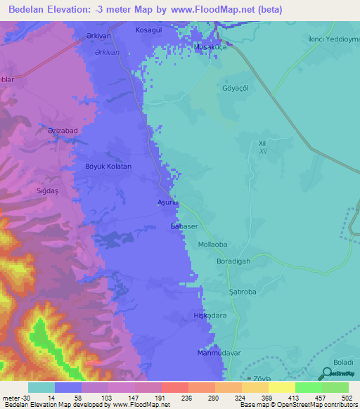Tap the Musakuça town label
tap(208, 48)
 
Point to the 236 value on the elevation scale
tap(167, 398)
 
